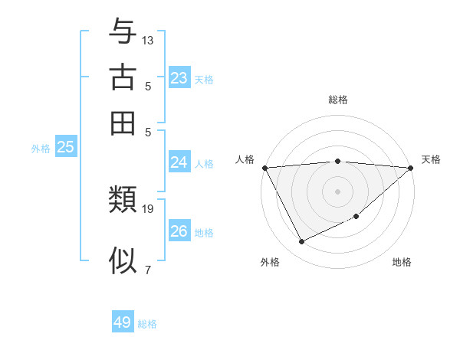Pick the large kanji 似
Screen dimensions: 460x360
click(x=123, y=261)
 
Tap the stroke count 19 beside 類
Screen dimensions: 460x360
click(x=148, y=208)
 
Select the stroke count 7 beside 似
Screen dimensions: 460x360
click(x=148, y=269)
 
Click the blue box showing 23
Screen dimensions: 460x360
click(x=179, y=78)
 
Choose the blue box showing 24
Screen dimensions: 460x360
click(x=179, y=162)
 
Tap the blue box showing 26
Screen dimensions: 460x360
click(x=179, y=231)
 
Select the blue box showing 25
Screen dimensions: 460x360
click(x=66, y=148)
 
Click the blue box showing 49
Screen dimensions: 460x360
click(x=123, y=322)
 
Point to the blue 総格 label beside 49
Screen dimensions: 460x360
click(x=147, y=324)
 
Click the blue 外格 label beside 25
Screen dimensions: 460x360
click(x=41, y=149)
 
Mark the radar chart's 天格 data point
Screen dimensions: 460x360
click(x=411, y=168)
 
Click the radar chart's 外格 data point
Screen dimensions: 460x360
click(x=301, y=242)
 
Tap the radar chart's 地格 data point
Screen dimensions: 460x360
click(x=356, y=217)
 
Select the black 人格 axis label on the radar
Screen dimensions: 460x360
click(x=245, y=159)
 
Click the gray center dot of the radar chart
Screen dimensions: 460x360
click(x=337, y=191)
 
